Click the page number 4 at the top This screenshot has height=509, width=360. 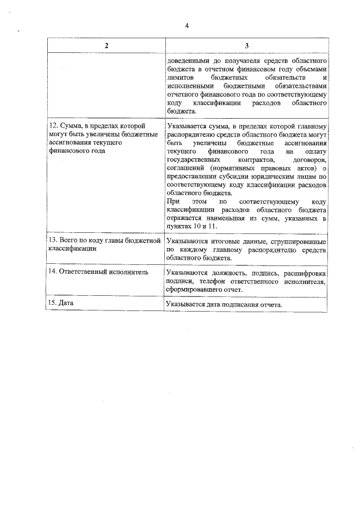coord(186,25)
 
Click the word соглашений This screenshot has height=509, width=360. coord(187,169)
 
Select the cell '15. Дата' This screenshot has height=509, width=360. coord(62,303)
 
